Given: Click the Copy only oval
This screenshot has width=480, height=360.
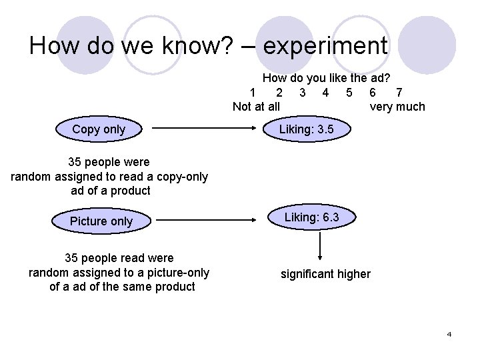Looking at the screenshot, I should [99, 129].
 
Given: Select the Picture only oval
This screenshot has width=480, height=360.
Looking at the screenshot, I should [101, 221].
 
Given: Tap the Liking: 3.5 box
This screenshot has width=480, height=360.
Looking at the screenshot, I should [306, 129].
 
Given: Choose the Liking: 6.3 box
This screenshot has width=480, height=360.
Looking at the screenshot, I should [311, 217].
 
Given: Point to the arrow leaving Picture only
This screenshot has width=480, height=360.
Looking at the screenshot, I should [207, 220].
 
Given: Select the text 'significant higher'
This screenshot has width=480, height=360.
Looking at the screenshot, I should [325, 274].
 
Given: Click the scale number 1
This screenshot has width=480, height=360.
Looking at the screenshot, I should [253, 93].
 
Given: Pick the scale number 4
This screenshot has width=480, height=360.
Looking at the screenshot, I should [325, 93].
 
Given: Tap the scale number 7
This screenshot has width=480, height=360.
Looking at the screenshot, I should [399, 93].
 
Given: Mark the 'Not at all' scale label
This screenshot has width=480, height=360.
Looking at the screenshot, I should [256, 107].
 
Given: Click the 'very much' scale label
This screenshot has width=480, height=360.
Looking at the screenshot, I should [397, 107].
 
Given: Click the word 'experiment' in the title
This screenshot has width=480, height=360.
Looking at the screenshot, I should [325, 46].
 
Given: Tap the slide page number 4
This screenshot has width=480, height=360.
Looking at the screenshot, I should [449, 333].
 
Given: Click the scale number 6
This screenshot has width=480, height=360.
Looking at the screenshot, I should [372, 93].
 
